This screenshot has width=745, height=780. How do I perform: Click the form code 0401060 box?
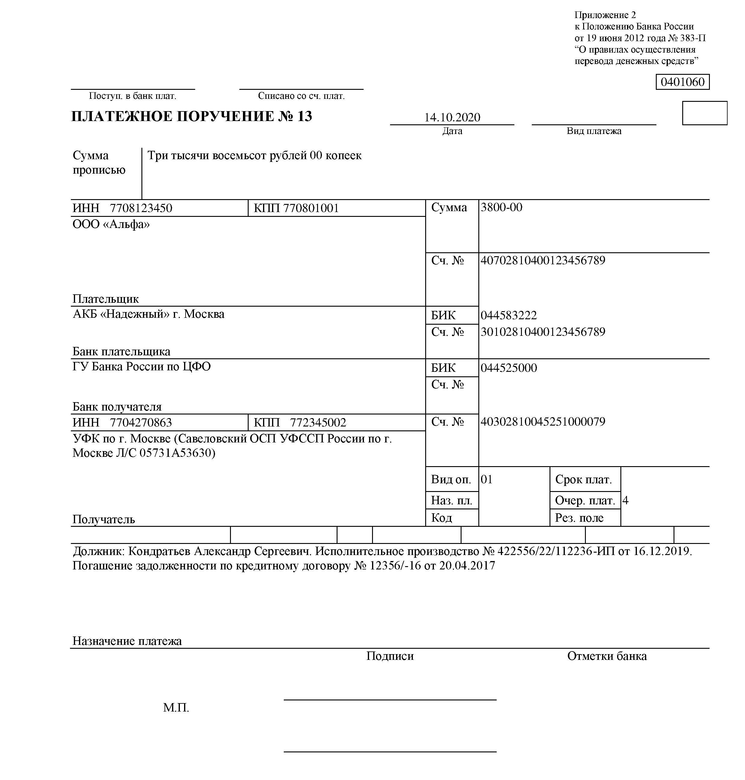click(682, 82)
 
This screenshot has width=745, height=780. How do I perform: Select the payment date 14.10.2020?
click(452, 117)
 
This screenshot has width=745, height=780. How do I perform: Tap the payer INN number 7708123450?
click(141, 208)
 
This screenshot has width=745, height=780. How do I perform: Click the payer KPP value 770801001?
click(311, 208)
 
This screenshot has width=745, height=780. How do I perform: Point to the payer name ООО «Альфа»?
click(111, 225)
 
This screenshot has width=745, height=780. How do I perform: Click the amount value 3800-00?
click(501, 207)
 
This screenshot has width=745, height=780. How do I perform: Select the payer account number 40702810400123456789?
click(543, 260)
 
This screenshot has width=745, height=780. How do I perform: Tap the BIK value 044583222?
click(508, 315)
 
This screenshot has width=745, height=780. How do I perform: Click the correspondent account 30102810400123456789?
click(543, 332)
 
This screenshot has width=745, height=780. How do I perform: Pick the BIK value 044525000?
click(508, 368)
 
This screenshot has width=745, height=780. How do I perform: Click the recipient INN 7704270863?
click(141, 423)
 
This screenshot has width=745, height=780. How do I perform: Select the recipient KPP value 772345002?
click(318, 423)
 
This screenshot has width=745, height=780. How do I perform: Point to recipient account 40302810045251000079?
click(543, 422)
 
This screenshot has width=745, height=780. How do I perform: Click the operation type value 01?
click(486, 479)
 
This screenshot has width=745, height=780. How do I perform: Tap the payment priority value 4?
click(625, 500)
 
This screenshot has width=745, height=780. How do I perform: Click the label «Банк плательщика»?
click(121, 351)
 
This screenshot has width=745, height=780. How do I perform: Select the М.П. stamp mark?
click(176, 708)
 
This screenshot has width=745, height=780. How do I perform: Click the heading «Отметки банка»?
click(606, 656)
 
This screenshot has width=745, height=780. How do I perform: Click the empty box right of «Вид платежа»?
click(704, 113)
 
